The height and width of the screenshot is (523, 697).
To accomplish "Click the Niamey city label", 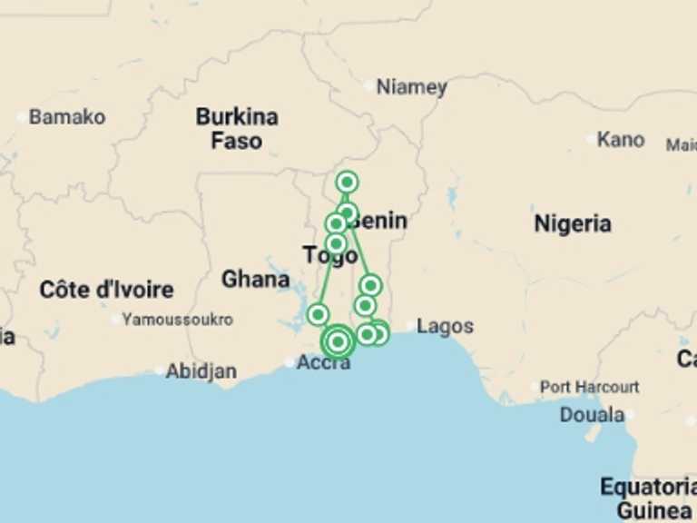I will point(411,87).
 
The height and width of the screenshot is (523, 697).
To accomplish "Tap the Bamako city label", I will point(66,117).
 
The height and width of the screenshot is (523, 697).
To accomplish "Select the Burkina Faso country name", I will point(237,129).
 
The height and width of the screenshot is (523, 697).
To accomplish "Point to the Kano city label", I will point(621,140).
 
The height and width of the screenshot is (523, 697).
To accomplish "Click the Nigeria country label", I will point(572,223).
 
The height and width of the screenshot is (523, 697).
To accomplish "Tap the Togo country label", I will point(330,256).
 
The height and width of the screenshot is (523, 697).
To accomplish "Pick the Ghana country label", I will point(256,280).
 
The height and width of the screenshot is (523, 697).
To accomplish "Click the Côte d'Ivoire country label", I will point(106,291).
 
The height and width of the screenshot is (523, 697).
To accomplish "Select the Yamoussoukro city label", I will point(177,320).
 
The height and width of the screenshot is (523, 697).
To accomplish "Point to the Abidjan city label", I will point(201,371).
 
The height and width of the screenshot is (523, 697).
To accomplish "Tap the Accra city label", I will point(323,363).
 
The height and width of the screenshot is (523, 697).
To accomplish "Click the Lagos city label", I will point(445,327).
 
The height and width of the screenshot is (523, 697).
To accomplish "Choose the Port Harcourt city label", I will point(589,387).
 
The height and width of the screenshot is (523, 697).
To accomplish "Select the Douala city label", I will point(591,415).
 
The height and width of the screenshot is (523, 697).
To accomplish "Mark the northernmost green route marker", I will point(346,183).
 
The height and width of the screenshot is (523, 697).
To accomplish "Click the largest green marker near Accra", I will point(338,342).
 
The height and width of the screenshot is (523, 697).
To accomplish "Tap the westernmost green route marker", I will point(318,315).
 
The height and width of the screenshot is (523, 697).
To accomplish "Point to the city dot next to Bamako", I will point(22,117).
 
